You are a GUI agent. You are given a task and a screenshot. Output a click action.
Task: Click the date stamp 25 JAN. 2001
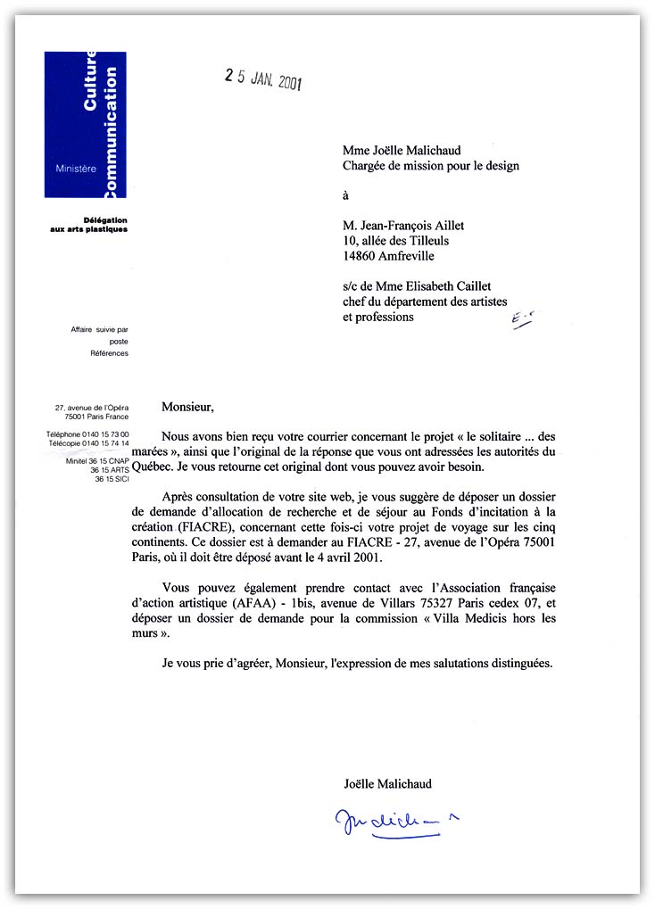[263, 79]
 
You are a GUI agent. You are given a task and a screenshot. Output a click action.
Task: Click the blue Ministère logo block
[86, 125]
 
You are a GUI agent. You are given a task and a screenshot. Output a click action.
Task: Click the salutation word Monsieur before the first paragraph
[187, 407]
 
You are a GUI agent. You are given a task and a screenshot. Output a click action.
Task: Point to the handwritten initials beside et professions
[523, 322]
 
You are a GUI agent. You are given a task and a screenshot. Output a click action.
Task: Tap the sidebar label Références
[109, 353]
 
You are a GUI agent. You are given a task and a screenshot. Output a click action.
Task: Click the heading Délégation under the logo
[104, 219]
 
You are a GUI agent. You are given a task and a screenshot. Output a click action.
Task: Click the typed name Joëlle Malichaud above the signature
[387, 784]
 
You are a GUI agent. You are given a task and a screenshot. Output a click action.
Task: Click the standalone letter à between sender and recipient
[346, 195]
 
